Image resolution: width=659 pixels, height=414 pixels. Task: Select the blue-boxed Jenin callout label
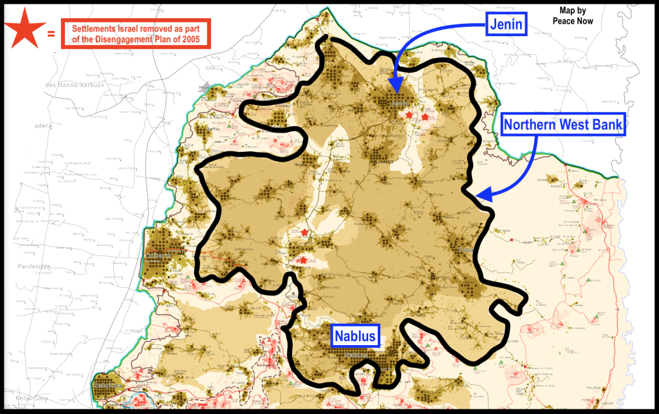pyautogui.click(x=505, y=26)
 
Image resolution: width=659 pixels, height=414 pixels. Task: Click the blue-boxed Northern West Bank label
pyautogui.click(x=563, y=125)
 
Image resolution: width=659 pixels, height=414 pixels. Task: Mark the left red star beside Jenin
pyautogui.click(x=410, y=115)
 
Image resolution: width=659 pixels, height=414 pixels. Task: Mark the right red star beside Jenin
pyautogui.click(x=425, y=117)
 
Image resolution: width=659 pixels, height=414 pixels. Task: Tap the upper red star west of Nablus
pyautogui.click(x=304, y=232)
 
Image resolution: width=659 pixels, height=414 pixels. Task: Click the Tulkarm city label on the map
pyautogui.click(x=159, y=254)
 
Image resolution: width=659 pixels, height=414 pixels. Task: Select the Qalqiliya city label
pyautogui.click(x=104, y=386)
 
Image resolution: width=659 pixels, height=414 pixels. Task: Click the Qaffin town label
pyautogui.click(x=213, y=128)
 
